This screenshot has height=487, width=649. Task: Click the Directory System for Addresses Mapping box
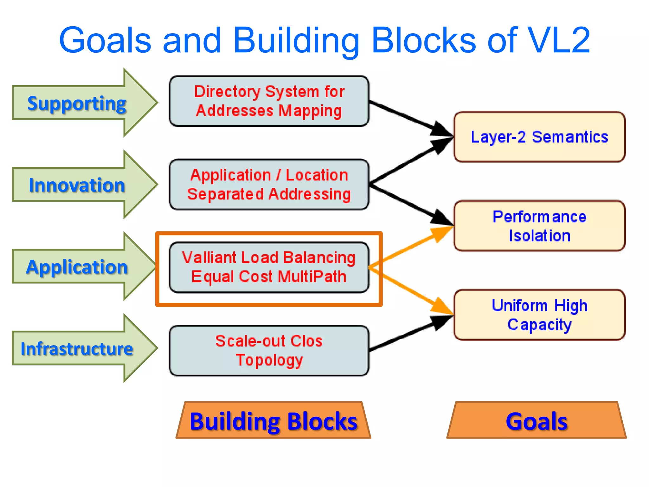[x=269, y=101]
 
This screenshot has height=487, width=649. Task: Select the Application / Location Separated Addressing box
[x=269, y=185]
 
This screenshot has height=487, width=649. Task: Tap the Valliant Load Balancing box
[x=269, y=267]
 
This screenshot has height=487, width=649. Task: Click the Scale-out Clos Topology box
[x=269, y=351]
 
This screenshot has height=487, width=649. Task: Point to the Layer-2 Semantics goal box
[x=539, y=137]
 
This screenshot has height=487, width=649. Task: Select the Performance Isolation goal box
[x=539, y=226]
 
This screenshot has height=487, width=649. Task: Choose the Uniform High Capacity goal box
[x=539, y=315]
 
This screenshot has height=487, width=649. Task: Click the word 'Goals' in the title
[x=105, y=40]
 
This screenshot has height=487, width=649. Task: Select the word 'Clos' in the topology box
[x=306, y=341]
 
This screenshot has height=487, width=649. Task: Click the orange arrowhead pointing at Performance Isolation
[x=442, y=233]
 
